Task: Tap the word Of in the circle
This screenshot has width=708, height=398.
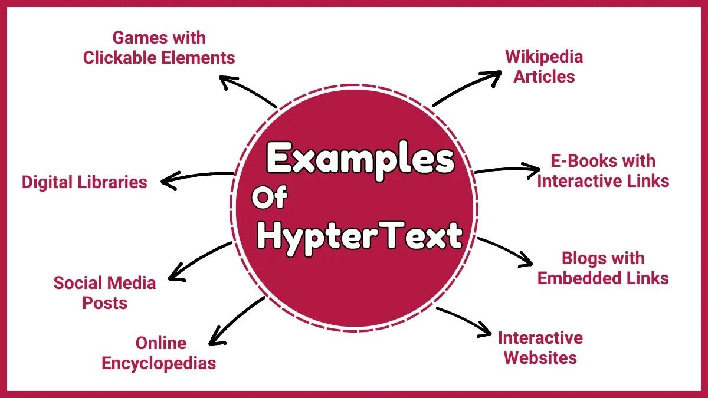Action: tap(269, 199)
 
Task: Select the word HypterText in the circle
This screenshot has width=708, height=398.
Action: tap(360, 236)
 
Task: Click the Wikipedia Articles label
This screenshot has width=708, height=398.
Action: tap(544, 66)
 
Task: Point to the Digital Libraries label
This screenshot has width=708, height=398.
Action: tap(84, 182)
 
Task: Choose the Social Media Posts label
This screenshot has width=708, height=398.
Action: tap(104, 292)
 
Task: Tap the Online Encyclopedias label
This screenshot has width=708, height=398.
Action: tap(159, 353)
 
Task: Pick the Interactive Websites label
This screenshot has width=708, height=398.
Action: tap(540, 347)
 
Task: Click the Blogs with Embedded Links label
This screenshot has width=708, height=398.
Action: tap(603, 268)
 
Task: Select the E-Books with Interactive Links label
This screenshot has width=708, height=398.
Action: tap(603, 170)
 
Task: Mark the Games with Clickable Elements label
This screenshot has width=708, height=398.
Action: tap(159, 48)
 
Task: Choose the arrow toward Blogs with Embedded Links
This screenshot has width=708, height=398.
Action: tap(505, 251)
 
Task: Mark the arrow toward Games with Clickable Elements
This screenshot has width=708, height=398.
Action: tap(248, 91)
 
